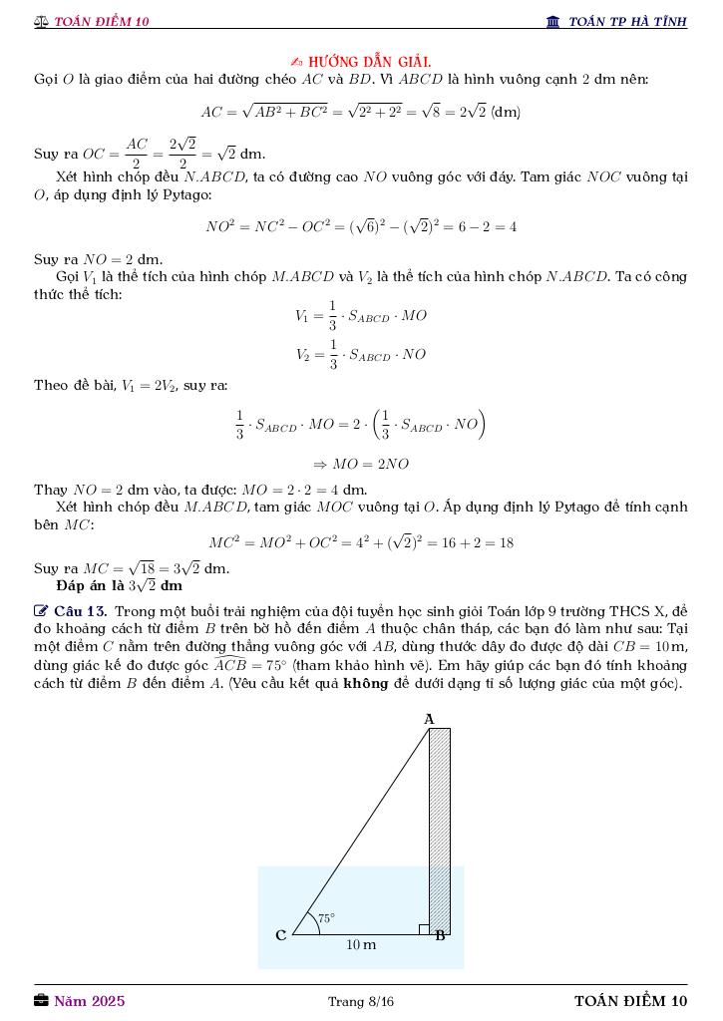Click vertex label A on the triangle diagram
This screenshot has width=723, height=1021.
click(430, 718)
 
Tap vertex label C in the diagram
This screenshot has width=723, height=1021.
click(281, 935)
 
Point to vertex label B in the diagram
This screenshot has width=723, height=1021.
click(440, 936)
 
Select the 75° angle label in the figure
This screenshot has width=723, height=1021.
click(326, 918)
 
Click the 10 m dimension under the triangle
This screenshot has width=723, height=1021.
click(361, 944)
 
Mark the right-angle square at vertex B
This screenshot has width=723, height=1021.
click(424, 929)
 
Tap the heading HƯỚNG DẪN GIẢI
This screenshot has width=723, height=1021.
click(369, 62)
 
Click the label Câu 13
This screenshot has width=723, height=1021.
click(80, 611)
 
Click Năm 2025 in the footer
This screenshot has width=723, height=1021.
click(90, 1001)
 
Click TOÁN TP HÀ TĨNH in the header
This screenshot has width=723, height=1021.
click(627, 22)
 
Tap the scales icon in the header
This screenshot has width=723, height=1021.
click(41, 22)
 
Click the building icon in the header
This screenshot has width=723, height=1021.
click(553, 22)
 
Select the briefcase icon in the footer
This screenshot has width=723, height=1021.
click(41, 1000)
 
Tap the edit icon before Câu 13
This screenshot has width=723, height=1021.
click(41, 610)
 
